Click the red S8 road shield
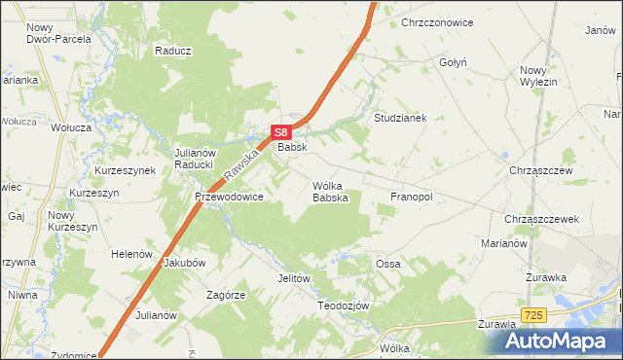[x=280, y=132]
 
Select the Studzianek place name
[x=401, y=118]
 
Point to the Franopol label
[x=411, y=197]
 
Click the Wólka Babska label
[x=330, y=191]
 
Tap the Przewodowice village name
[x=229, y=197]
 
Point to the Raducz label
[x=172, y=51]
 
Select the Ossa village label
[x=387, y=264]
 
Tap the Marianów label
[x=503, y=243]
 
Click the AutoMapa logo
[x=559, y=341]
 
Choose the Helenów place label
[x=133, y=254]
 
